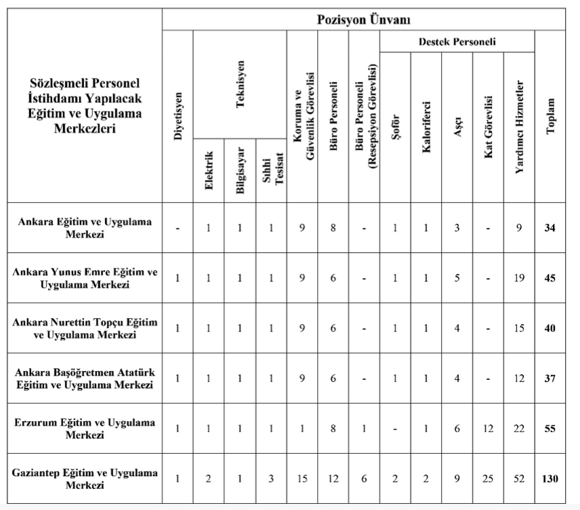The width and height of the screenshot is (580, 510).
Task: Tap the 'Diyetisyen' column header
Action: click(x=178, y=116)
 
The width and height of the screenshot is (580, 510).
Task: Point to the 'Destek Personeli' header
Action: click(x=457, y=42)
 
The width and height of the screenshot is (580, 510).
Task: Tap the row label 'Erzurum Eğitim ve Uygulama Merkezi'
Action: click(x=85, y=429)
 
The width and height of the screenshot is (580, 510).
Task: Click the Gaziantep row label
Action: click(x=85, y=479)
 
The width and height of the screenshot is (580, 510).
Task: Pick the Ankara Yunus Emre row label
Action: click(x=85, y=278)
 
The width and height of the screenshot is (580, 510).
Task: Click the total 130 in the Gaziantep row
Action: click(x=550, y=479)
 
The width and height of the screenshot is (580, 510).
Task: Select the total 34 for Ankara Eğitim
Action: click(x=550, y=228)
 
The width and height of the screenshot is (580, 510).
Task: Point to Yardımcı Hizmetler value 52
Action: click(x=519, y=479)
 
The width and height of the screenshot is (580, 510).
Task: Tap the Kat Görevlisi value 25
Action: click(x=489, y=479)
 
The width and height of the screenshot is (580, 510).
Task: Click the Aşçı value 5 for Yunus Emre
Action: click(x=457, y=278)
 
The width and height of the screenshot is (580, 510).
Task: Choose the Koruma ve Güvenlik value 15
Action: click(x=302, y=479)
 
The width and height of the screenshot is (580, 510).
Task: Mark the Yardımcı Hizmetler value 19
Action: click(x=519, y=278)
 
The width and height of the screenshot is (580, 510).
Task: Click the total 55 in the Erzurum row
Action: click(x=550, y=429)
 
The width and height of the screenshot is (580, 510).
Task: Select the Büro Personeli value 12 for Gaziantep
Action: click(x=333, y=479)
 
